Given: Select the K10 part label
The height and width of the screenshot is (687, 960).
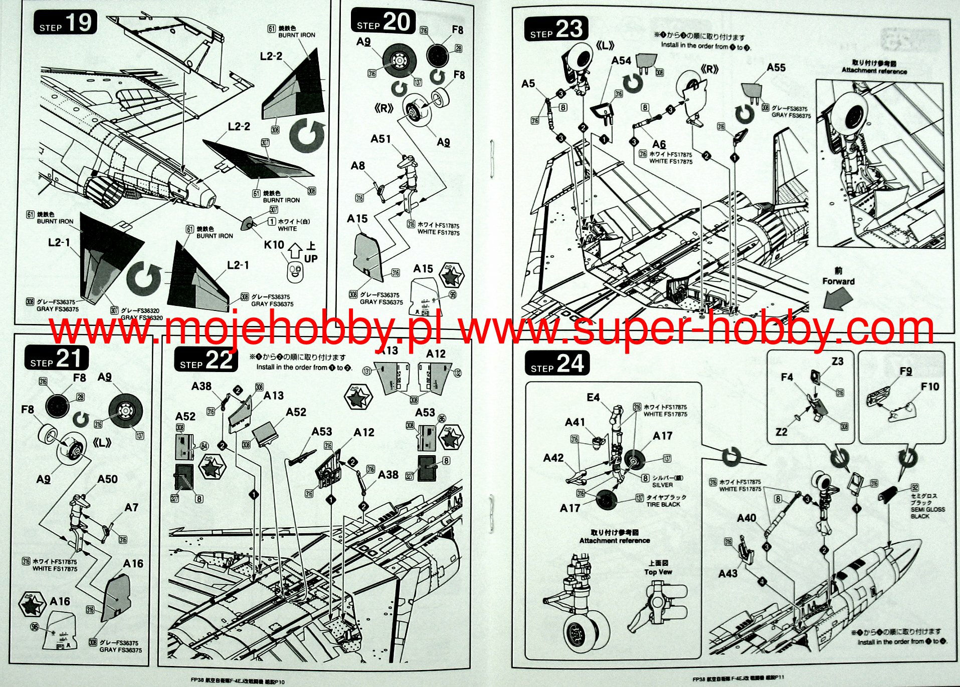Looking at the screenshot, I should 274,245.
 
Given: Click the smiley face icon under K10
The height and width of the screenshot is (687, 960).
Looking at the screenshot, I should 295,271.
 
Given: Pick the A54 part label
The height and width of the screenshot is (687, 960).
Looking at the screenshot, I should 621,61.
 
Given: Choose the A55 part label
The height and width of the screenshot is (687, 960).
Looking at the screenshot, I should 776,68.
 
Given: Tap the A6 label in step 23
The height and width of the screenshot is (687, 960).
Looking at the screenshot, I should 659,144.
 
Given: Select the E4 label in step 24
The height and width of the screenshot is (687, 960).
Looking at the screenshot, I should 593,397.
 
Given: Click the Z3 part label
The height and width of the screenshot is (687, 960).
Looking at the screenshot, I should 837,361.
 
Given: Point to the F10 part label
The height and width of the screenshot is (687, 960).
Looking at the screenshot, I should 929,387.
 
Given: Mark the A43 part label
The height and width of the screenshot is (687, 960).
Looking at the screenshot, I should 727,573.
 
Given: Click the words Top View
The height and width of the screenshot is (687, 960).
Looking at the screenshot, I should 658,572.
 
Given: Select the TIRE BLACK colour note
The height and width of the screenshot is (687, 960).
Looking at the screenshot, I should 663,504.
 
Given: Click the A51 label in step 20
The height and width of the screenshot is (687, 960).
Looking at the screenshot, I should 380,139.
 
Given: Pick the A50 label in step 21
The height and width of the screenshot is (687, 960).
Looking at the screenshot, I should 107,479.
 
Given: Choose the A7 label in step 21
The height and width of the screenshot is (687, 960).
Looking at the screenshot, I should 131,507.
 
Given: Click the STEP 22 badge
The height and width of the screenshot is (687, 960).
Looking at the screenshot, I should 206,360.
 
